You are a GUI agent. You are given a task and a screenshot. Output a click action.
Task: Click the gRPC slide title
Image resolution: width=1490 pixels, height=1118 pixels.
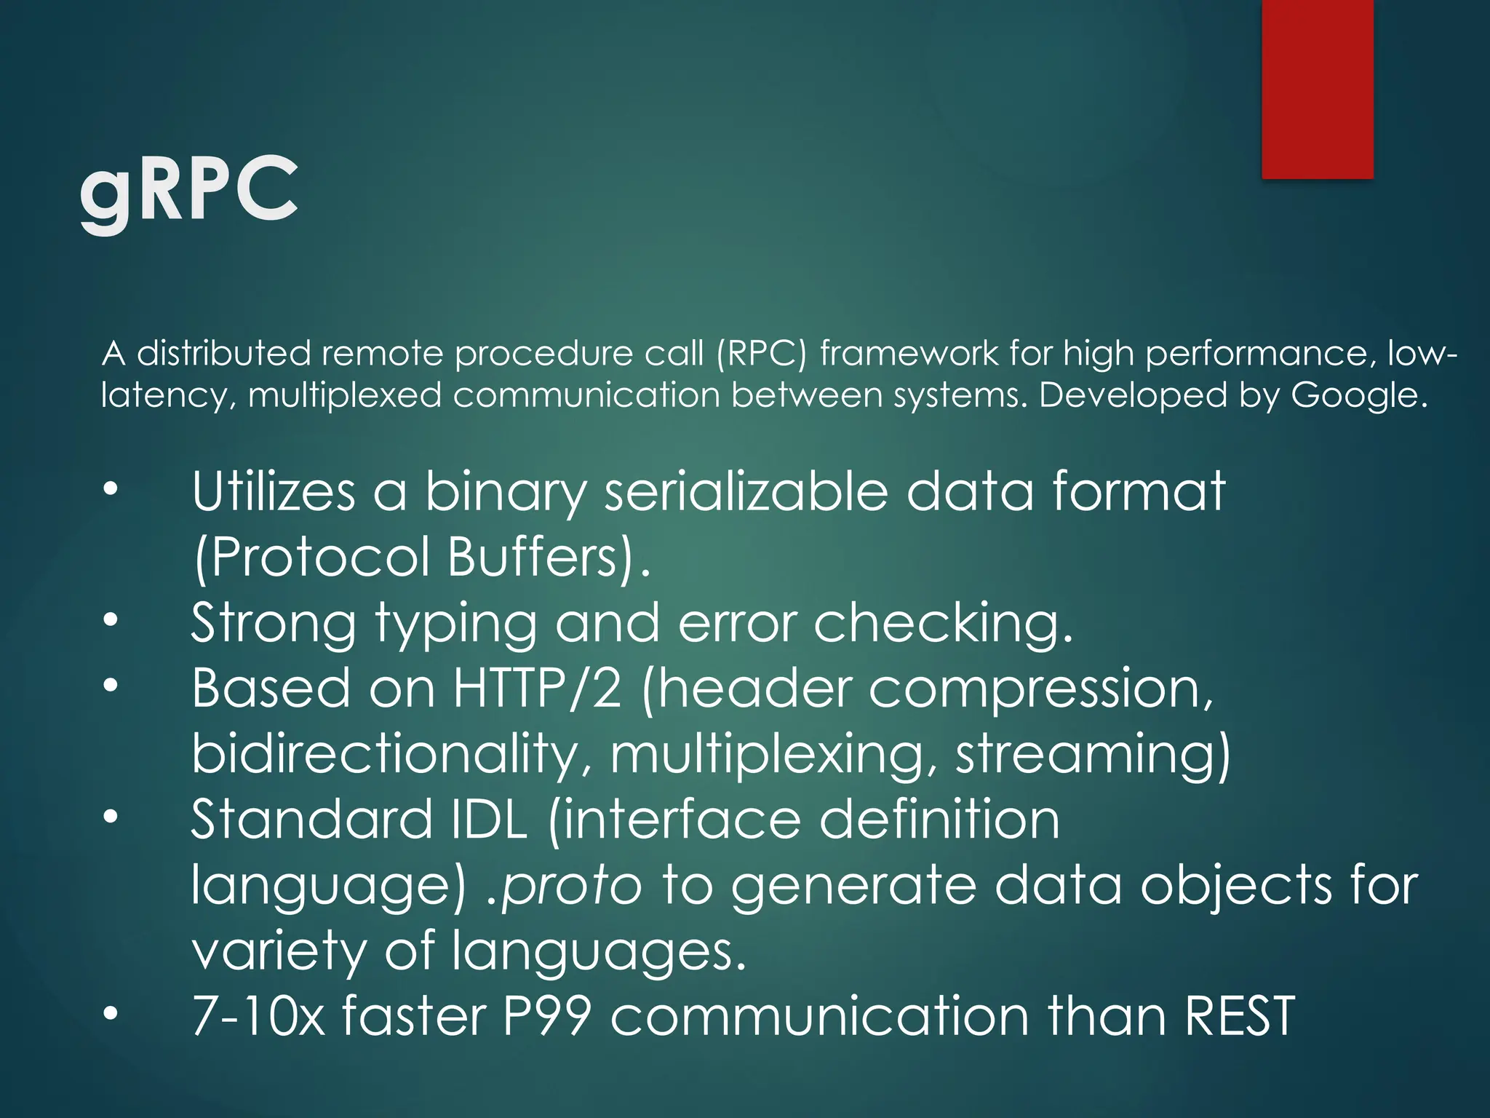pos(188,191)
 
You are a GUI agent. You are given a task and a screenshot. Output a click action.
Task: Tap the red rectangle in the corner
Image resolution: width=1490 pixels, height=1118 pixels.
pos(1317,89)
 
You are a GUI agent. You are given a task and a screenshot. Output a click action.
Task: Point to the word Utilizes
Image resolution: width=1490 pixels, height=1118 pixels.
pos(273,492)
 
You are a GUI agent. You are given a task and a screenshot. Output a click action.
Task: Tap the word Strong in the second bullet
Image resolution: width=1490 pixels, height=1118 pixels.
pos(273,623)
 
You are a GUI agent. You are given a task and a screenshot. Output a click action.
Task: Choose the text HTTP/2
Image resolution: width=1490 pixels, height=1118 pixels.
pos(537,689)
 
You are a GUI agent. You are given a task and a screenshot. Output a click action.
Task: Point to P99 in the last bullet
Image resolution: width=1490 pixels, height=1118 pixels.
pos(546,1016)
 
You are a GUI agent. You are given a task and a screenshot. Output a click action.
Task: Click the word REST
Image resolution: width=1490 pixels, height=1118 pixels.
pos(1239,1016)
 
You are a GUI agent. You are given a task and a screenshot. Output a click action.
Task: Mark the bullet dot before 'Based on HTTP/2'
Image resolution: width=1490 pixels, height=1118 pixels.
pos(110,686)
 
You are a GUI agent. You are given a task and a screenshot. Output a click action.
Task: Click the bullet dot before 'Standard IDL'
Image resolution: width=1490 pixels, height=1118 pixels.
pos(110,817)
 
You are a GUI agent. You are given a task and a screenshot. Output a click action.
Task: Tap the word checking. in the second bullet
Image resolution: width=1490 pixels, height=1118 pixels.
pos(943,625)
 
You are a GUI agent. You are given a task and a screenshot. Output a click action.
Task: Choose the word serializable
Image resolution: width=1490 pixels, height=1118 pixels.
pos(746,492)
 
